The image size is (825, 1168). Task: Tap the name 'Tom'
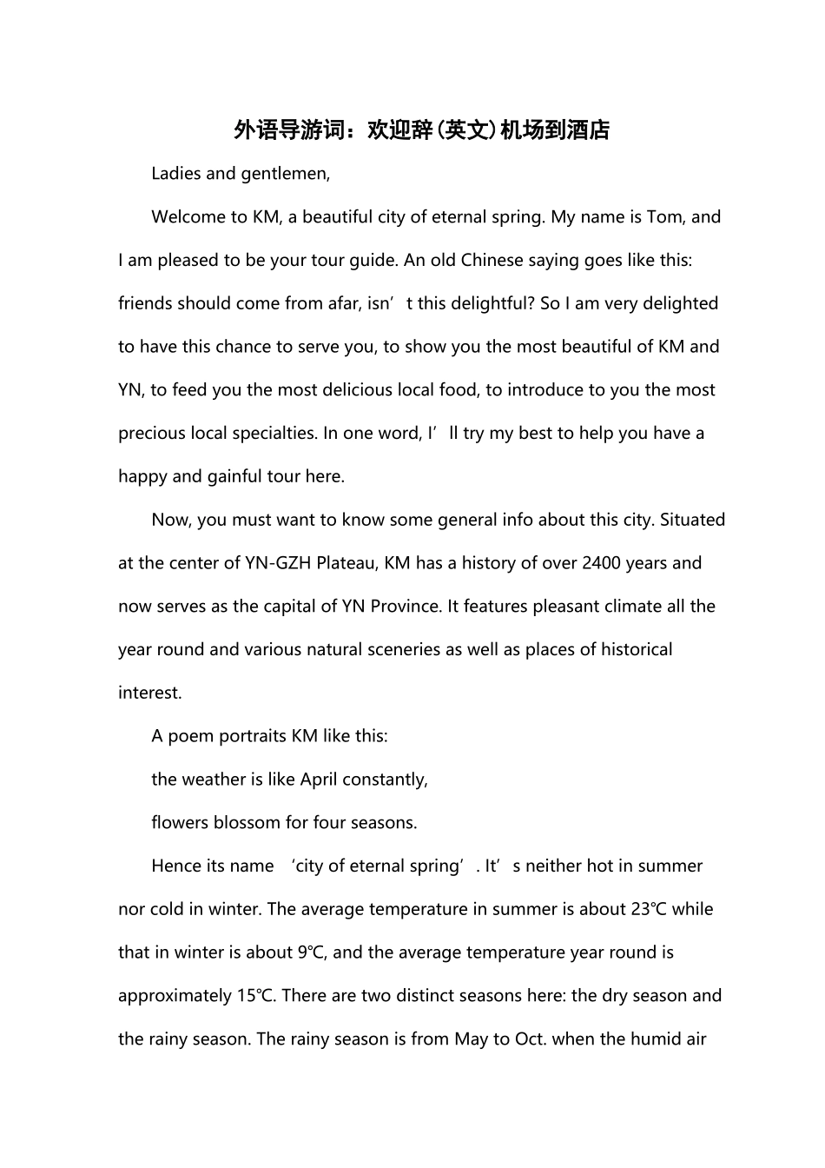click(664, 216)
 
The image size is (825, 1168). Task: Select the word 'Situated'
click(692, 520)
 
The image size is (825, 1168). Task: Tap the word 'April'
click(319, 780)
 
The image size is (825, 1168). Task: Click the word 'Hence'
click(175, 866)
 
